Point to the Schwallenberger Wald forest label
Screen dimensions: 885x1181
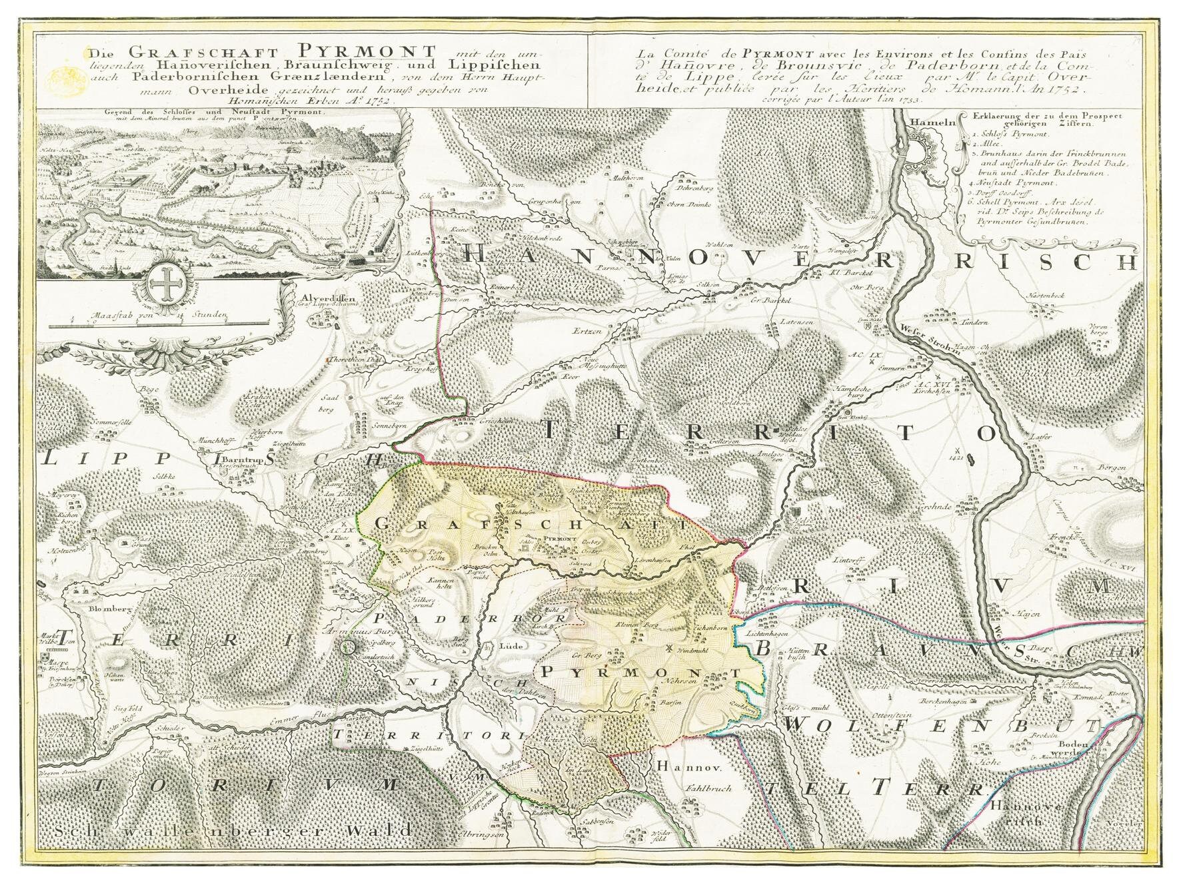(x=233, y=831)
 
